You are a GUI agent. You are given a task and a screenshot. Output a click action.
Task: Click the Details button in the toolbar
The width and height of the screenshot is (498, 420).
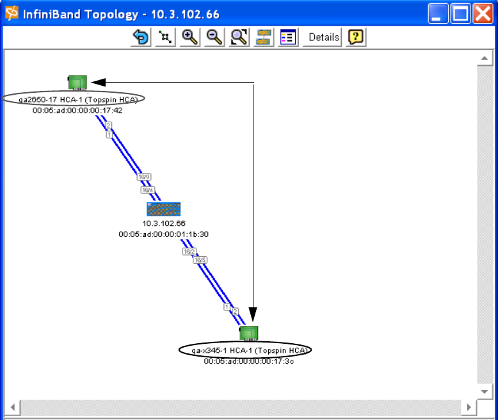coord(323,37)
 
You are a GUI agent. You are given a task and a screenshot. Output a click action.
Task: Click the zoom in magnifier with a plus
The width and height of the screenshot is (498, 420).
coord(189,37)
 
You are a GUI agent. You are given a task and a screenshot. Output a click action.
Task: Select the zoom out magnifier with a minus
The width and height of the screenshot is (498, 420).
coord(214,37)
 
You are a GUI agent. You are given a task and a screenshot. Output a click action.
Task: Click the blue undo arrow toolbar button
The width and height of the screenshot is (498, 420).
coord(140,37)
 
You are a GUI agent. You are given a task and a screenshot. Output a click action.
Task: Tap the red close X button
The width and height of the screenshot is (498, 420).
coord(482,13)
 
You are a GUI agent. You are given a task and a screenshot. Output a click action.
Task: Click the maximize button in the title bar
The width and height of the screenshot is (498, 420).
coord(460,13)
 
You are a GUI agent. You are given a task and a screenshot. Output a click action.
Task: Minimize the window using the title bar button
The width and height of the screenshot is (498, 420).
coord(438,13)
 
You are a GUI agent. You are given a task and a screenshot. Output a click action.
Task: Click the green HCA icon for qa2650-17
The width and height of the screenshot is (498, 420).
coord(77,82)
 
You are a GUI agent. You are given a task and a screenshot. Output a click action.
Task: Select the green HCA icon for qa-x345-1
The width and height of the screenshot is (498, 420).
coord(248,333)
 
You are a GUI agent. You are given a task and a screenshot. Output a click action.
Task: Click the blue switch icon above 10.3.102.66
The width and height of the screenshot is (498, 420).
coord(163,209)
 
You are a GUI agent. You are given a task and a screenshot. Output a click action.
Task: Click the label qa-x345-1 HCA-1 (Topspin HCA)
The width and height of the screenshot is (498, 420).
coord(245,350)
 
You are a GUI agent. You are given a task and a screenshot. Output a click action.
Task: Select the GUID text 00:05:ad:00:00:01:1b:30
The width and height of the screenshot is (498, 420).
coord(163,234)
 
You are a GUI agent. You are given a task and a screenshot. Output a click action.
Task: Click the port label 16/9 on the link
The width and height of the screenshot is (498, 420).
coord(143,176)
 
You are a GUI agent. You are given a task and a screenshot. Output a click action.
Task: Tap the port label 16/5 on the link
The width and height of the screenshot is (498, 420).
coord(200,260)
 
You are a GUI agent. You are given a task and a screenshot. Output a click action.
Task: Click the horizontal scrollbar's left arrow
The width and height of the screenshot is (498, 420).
coord(12,407)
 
